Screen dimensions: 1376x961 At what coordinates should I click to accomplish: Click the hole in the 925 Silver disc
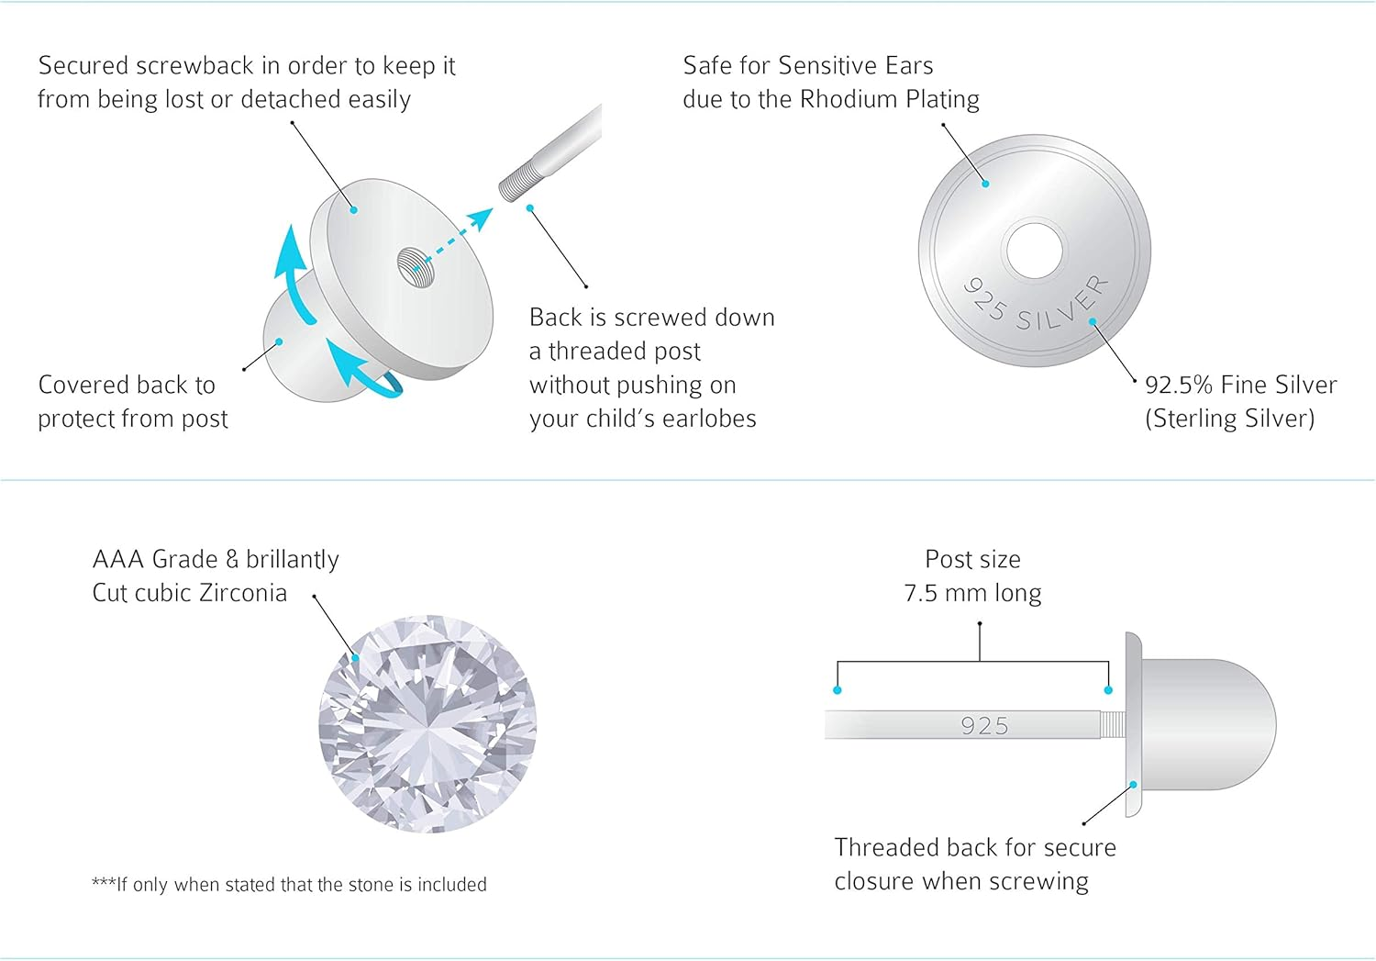(x=1035, y=251)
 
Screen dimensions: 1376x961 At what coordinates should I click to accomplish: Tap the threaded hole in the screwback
(x=416, y=267)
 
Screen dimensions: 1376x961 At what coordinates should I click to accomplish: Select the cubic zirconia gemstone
(x=427, y=724)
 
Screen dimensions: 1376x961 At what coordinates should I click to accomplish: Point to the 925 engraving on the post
(x=984, y=726)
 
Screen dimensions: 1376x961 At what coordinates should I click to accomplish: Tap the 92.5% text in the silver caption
(x=1180, y=386)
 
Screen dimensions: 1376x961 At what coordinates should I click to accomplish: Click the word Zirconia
(x=243, y=593)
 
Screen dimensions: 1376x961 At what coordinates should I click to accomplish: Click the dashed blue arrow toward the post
(x=455, y=239)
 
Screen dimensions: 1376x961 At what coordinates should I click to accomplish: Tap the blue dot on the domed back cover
(x=280, y=341)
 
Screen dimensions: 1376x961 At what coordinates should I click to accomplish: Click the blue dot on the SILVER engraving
(x=1093, y=321)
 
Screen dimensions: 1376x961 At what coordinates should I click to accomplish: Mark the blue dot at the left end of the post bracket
(x=838, y=690)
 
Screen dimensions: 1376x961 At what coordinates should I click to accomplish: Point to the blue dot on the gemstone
(x=355, y=658)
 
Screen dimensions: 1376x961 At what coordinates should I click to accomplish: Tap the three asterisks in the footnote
(x=104, y=882)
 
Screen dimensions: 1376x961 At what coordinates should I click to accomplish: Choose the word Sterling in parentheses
(x=1193, y=419)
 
